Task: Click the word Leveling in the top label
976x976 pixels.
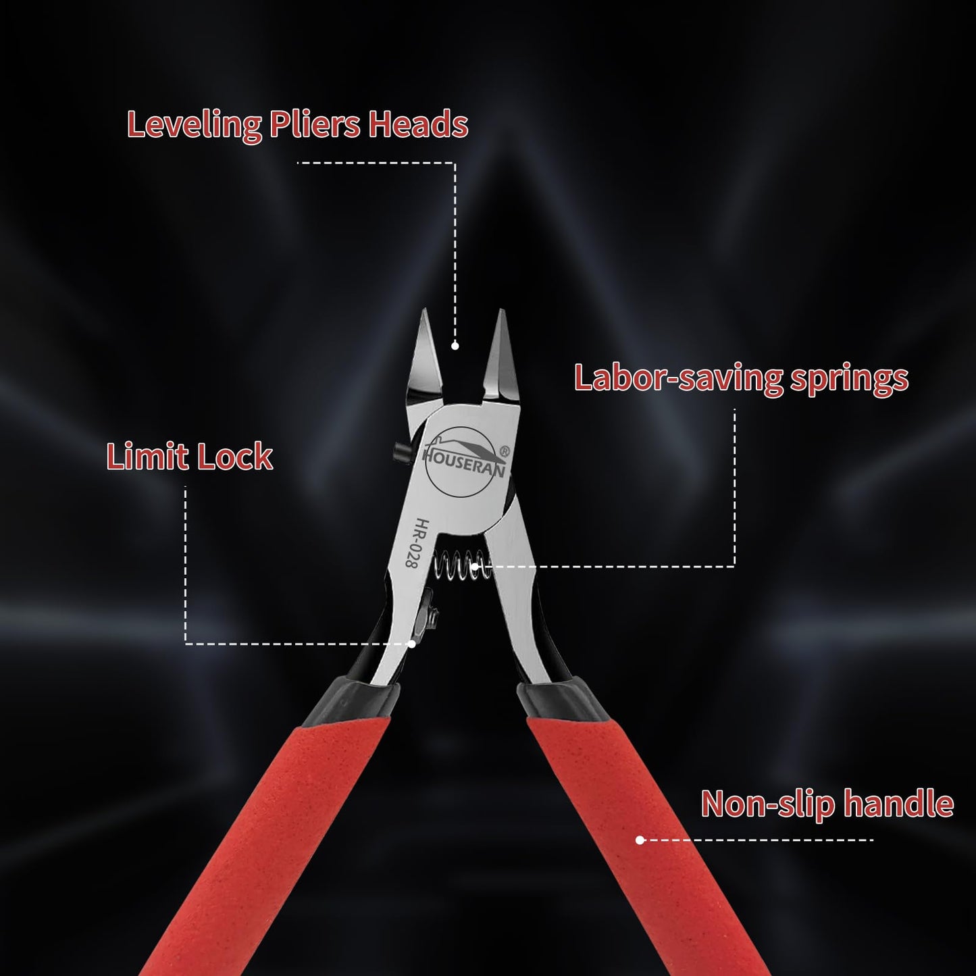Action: tap(194, 124)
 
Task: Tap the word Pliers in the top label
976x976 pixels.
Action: tap(315, 124)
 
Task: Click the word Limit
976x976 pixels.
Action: tap(147, 456)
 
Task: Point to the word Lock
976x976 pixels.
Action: tap(234, 456)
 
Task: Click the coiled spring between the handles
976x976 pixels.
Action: tap(462, 566)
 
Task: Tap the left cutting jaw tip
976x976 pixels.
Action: tap(423, 310)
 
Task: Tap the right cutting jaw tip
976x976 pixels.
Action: tap(502, 310)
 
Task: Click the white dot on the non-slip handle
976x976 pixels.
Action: tap(640, 840)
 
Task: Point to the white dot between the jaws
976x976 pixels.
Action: tap(455, 346)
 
